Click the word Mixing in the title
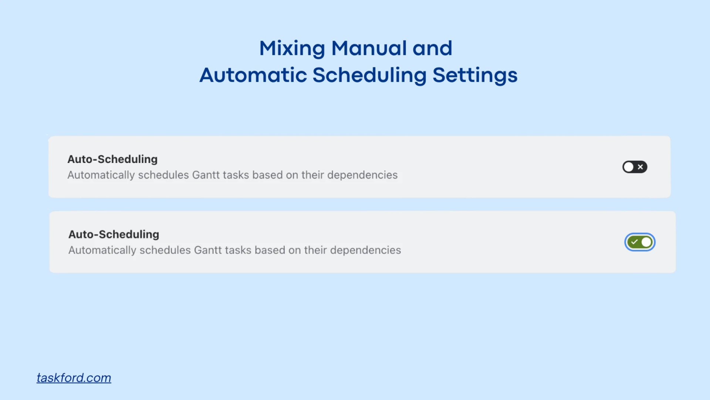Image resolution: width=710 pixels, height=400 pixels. pyautogui.click(x=292, y=49)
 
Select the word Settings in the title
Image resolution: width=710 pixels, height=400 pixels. pyautogui.click(x=475, y=76)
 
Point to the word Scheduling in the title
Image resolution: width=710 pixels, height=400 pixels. pyautogui.click(x=370, y=76)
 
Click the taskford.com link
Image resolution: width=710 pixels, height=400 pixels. pyautogui.click(x=74, y=378)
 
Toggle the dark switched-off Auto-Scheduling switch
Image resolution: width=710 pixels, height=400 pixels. pyautogui.click(x=635, y=167)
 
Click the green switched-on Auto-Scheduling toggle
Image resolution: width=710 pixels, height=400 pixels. pyautogui.click(x=640, y=242)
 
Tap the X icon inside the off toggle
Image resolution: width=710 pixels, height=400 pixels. pyautogui.click(x=640, y=167)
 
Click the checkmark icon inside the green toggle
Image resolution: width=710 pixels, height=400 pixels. pyautogui.click(x=635, y=242)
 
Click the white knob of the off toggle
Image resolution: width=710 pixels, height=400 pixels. pyautogui.click(x=629, y=167)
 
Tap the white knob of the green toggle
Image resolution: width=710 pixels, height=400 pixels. pyautogui.click(x=646, y=242)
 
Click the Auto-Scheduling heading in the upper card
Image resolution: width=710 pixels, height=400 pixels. pyautogui.click(x=112, y=159)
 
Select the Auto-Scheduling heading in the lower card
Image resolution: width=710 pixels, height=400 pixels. pyautogui.click(x=114, y=234)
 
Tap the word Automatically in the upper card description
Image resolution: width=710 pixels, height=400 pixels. pyautogui.click(x=101, y=175)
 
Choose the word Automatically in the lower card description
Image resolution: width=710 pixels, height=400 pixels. pyautogui.click(x=102, y=250)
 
